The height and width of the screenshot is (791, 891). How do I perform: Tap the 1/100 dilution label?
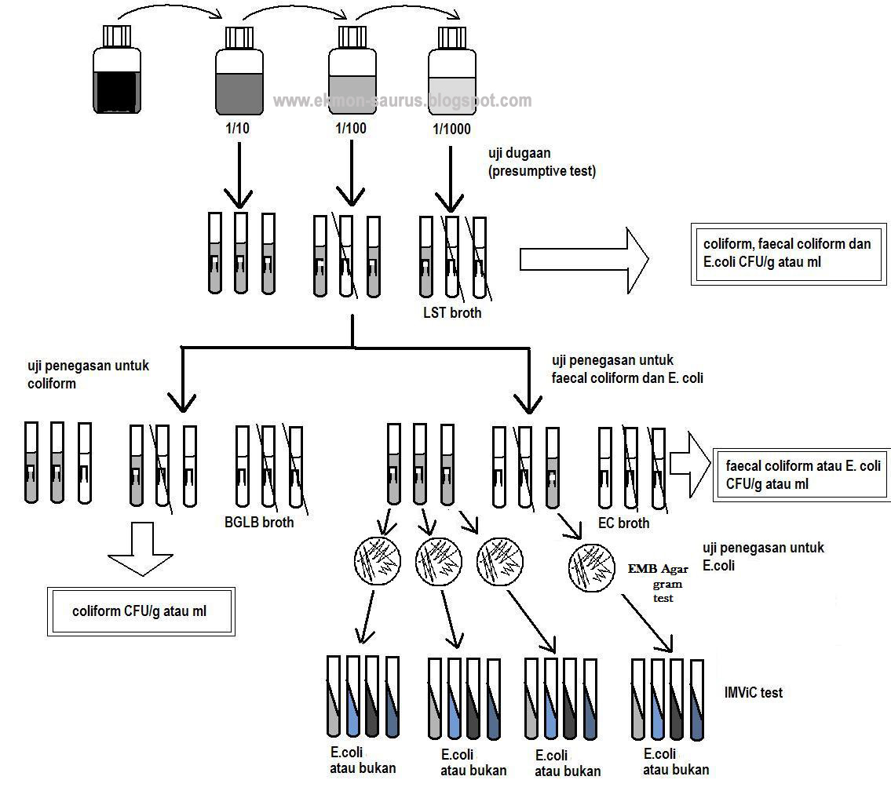350,128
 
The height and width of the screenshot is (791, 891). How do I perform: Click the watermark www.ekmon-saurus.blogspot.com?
402,100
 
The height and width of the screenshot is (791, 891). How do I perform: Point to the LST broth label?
452,312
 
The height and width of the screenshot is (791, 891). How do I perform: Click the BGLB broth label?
259,522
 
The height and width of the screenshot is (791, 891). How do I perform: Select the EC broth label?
624,523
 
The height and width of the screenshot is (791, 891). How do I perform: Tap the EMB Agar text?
657,569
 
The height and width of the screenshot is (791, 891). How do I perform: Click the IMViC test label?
754,693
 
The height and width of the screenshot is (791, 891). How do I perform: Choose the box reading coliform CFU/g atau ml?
141,611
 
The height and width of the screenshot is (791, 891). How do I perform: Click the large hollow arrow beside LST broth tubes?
584,260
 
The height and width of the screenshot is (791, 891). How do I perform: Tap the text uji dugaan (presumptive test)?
542,163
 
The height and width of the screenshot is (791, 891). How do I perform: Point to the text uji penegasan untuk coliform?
88,374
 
